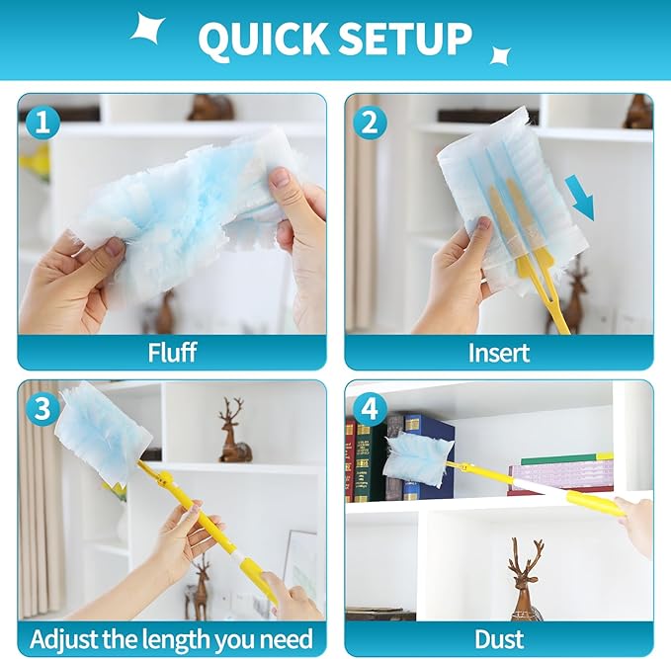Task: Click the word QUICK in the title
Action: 262,39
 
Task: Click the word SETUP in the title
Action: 405,39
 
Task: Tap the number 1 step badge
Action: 42,123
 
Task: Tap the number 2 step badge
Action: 370,123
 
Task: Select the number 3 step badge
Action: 42,408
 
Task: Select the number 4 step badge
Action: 370,408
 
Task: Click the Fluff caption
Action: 172,352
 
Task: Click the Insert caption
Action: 498,353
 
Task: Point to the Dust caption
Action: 498,639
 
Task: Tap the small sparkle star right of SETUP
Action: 500,55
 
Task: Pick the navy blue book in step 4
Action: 428,456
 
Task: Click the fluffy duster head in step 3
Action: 105,431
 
